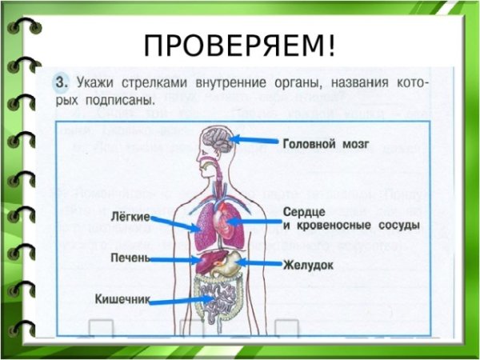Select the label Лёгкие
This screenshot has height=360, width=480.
(x=128, y=216)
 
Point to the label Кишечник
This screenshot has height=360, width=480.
(x=122, y=301)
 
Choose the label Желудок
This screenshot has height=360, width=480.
(x=308, y=263)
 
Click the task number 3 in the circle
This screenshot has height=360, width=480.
(x=60, y=82)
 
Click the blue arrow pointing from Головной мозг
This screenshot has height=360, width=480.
(x=254, y=141)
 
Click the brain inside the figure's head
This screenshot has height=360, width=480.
(x=215, y=140)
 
